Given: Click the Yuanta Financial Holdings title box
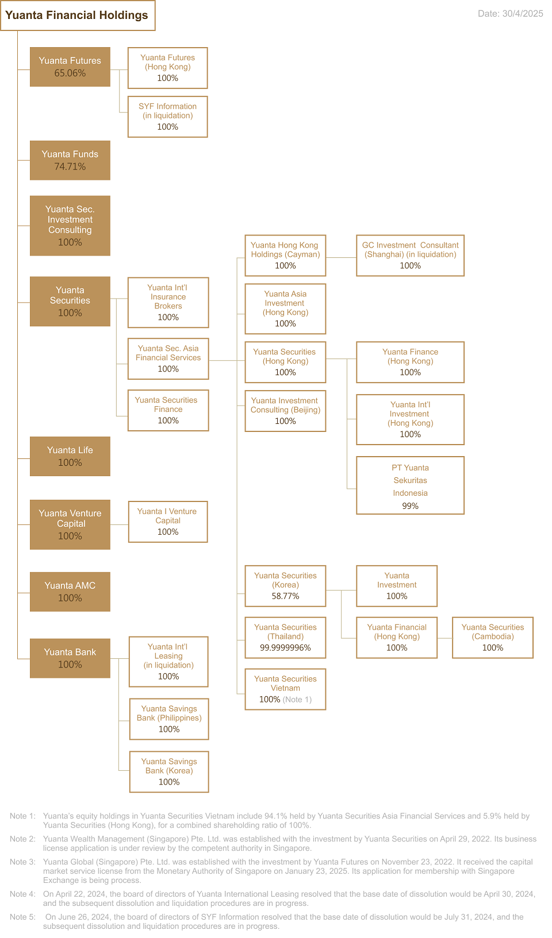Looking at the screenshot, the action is (x=78, y=16).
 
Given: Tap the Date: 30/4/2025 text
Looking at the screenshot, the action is (x=510, y=13).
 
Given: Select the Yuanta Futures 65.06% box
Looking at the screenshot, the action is (x=70, y=67).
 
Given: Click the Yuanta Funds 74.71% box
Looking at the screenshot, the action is (x=70, y=160).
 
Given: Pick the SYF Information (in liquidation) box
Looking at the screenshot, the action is (x=168, y=117).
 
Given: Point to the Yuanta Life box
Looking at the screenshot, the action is (x=70, y=457).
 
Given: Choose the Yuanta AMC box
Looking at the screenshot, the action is (x=70, y=592).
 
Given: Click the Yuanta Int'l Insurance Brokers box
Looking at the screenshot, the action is (x=168, y=302).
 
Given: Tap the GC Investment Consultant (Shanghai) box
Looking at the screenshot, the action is (x=411, y=256).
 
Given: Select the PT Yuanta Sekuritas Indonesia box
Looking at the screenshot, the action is (x=411, y=485).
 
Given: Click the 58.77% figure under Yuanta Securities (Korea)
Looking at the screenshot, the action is (x=285, y=596).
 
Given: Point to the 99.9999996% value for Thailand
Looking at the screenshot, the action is (x=285, y=648).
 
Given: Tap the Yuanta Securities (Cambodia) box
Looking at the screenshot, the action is (x=493, y=638).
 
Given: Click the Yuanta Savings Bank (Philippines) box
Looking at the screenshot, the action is (x=169, y=719).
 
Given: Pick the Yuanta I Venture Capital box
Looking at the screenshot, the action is (x=168, y=522).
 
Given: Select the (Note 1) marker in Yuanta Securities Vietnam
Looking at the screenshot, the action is (x=297, y=699).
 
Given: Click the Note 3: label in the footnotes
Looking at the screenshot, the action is (x=22, y=862).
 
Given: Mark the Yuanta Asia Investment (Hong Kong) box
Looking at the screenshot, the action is (x=285, y=308).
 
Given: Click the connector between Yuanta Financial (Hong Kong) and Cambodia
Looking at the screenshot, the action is (x=444, y=638).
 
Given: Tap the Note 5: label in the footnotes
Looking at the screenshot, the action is (x=22, y=917).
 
